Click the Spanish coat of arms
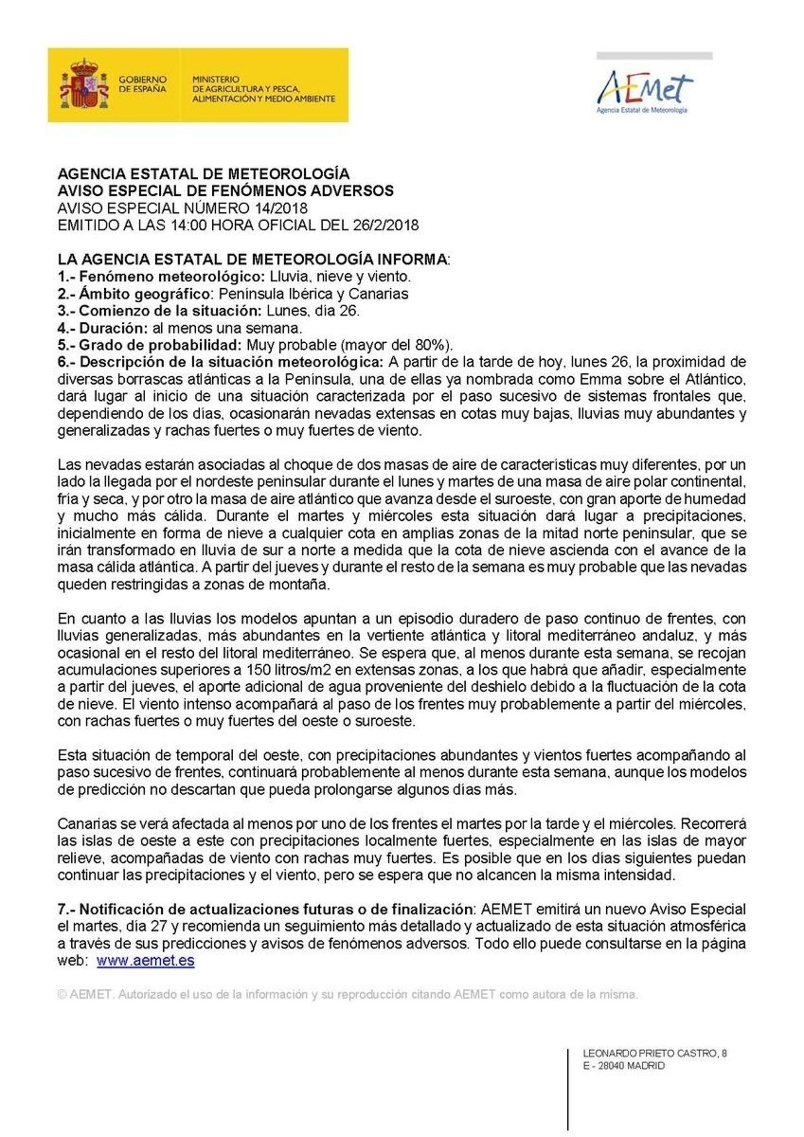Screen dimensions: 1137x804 point(84,84)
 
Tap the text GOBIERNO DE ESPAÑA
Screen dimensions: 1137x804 point(142,84)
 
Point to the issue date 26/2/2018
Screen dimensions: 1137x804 point(386,225)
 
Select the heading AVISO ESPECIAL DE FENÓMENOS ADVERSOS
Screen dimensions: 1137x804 point(226,191)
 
